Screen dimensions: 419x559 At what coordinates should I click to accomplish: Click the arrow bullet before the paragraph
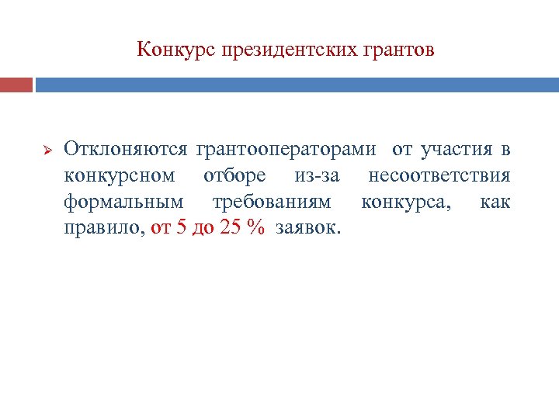(45, 148)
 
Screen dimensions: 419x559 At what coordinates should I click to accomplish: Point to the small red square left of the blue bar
(16, 84)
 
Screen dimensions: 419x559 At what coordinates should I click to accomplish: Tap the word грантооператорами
(286, 147)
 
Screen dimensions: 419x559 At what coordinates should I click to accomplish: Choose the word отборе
(234, 175)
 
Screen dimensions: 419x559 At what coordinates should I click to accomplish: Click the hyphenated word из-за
(318, 175)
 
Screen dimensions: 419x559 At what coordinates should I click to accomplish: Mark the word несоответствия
(439, 175)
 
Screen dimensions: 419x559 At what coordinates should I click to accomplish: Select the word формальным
(124, 203)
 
